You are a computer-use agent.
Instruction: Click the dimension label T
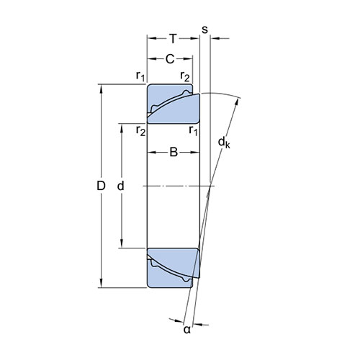click(173, 39)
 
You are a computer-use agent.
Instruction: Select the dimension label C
click(170, 59)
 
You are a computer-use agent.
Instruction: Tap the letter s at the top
click(204, 30)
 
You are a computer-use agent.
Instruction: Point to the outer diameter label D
click(101, 186)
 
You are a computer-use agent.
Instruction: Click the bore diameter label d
click(120, 186)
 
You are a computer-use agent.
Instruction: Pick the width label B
click(174, 152)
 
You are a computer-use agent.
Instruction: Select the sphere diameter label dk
click(224, 143)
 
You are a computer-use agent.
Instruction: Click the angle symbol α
click(187, 330)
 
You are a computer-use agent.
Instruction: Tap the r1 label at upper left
click(140, 76)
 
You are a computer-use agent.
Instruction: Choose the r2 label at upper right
click(185, 76)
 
